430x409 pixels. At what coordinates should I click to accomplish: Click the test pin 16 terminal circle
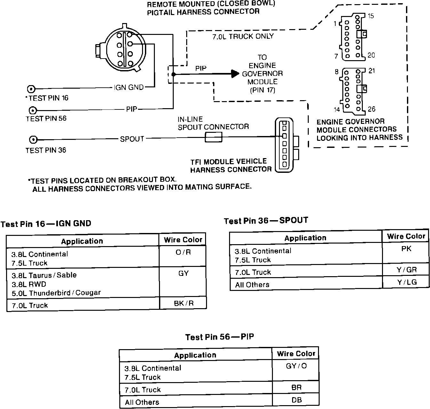31,89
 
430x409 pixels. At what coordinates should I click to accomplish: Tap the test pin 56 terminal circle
32,110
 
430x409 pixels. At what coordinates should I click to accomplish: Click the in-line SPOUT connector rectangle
213,138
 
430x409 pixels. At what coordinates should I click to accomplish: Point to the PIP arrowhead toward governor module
235,74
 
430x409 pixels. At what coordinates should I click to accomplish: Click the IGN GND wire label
129,87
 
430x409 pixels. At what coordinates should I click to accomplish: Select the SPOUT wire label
132,139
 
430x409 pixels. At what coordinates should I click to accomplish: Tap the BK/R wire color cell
184,303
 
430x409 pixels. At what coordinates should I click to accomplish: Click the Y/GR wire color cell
406,270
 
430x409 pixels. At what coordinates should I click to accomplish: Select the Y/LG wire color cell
406,282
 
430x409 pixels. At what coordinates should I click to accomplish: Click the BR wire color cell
296,387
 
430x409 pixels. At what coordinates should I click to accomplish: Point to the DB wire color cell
296,400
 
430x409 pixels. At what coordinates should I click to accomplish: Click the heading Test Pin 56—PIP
219,337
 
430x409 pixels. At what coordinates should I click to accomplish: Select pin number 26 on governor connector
371,109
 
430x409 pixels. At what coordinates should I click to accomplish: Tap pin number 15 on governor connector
370,16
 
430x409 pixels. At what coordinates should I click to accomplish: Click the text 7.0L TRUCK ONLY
243,36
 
